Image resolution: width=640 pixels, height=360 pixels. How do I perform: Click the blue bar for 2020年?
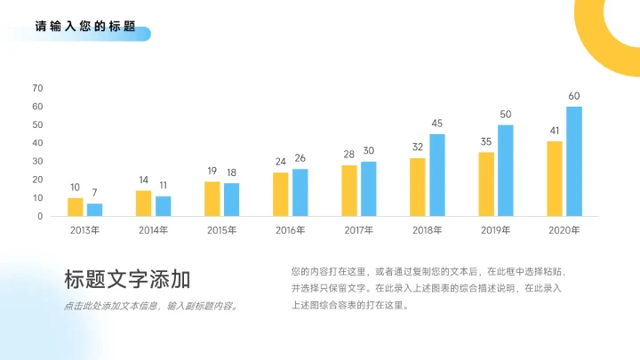(x=574, y=161)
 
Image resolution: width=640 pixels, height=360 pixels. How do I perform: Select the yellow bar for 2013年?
(x=76, y=207)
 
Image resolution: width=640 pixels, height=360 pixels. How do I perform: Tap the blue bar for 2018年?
(x=437, y=175)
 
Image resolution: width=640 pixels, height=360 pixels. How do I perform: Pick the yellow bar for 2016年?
(x=281, y=194)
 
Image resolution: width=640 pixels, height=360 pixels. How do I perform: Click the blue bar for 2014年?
(x=164, y=206)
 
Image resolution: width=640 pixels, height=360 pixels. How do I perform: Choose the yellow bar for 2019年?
(x=486, y=184)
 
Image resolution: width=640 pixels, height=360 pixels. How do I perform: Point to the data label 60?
(x=574, y=96)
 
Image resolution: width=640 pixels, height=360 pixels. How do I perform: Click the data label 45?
(x=437, y=124)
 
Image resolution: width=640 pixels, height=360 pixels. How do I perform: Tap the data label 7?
(x=94, y=192)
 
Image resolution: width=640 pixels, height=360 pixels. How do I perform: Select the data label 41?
(x=555, y=131)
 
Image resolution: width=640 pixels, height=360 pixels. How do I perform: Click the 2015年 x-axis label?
(x=221, y=230)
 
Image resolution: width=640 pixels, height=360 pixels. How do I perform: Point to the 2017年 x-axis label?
(x=359, y=230)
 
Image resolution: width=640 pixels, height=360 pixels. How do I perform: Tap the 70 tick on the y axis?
(x=37, y=88)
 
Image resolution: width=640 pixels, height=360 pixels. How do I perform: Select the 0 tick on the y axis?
(x=40, y=216)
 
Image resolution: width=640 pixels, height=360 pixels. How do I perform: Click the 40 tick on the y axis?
(x=37, y=143)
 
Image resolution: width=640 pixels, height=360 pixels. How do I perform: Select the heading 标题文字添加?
(x=127, y=280)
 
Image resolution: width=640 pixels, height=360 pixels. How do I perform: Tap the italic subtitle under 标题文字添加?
(x=151, y=307)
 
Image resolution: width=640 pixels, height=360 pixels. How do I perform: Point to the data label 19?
(x=212, y=171)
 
